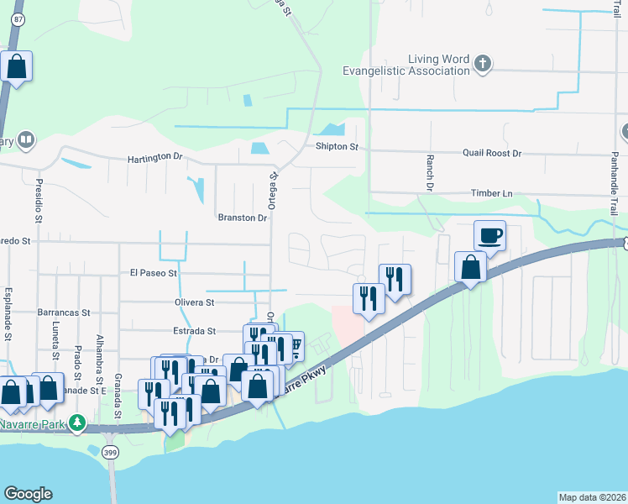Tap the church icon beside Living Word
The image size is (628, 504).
click(482, 63)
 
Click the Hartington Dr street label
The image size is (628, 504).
click(154, 158)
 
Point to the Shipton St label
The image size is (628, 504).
click(337, 147)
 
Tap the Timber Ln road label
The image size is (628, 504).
click(491, 193)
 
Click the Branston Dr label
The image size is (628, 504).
click(242, 218)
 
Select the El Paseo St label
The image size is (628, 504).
click(154, 273)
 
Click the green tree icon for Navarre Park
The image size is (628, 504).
click(78, 421)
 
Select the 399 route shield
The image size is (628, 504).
click(111, 454)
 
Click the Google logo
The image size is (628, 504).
click(28, 494)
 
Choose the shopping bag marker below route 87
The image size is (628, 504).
click(16, 66)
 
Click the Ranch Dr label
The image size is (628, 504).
click(427, 172)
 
